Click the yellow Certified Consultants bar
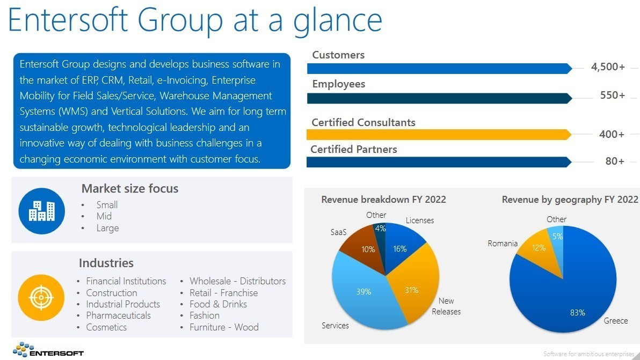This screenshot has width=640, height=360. point(439,135)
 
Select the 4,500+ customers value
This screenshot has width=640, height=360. point(608,67)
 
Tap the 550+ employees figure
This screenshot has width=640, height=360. point(612,95)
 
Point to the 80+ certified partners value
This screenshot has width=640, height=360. point(615,161)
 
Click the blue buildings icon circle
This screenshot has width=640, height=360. point(42,211)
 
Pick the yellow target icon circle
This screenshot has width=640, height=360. point(41,298)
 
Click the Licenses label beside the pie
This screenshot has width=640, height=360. point(419,221)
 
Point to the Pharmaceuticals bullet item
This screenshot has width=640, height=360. point(118,315)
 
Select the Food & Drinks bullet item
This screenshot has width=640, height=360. point(219,304)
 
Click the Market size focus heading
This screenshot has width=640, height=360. point(130,188)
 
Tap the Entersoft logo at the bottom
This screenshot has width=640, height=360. point(48,350)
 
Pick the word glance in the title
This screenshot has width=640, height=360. point(338,21)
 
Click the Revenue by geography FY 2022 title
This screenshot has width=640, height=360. point(570,200)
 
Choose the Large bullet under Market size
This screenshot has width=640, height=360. point(108,228)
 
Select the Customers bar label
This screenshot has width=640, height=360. point(338,55)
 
